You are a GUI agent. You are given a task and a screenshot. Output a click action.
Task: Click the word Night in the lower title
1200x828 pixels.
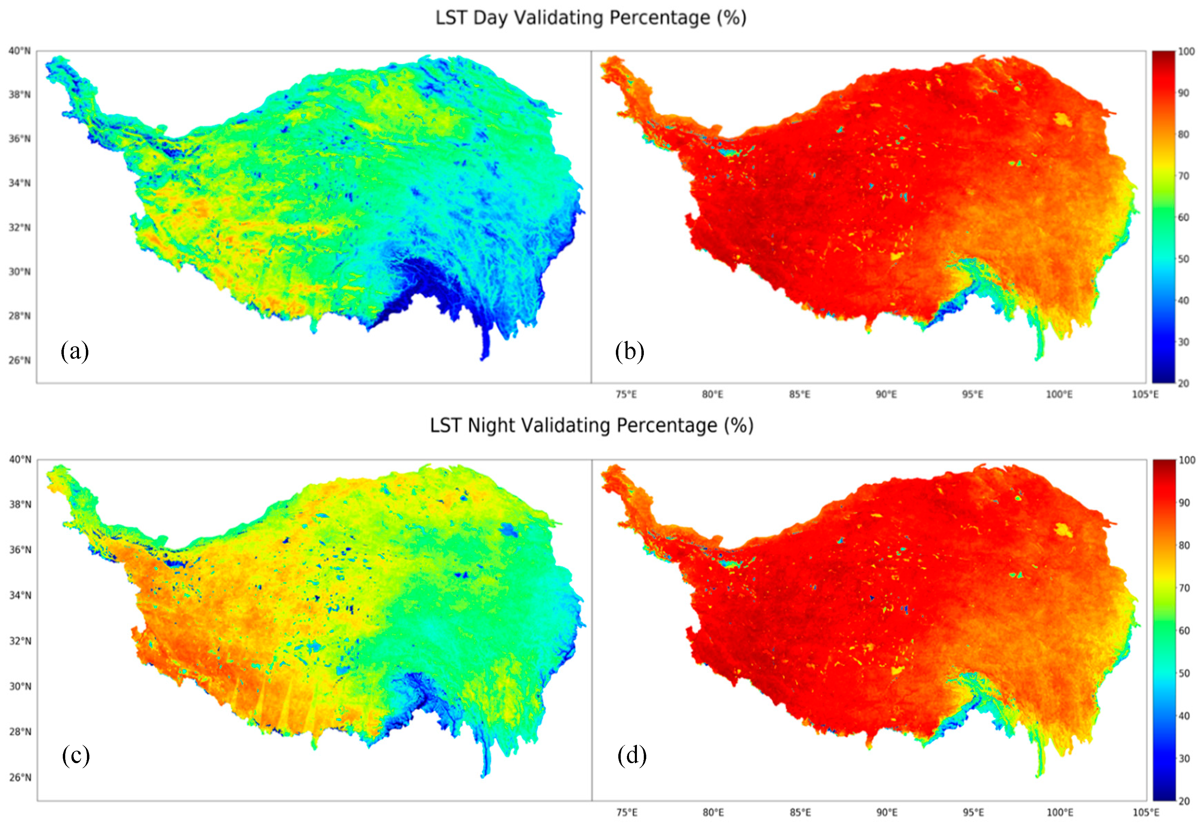(x=491, y=426)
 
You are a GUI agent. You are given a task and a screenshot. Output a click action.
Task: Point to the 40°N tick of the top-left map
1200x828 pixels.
(x=19, y=51)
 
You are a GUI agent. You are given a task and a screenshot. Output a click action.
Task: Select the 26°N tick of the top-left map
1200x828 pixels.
(x=19, y=360)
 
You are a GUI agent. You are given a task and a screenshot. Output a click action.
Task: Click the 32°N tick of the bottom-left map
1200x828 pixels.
(x=20, y=641)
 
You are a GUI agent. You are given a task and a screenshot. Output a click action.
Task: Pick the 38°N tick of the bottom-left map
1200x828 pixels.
(x=20, y=504)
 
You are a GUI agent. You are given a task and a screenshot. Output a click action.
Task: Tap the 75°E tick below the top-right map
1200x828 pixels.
(x=626, y=395)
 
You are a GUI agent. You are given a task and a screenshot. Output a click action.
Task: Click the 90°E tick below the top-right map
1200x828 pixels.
(x=886, y=395)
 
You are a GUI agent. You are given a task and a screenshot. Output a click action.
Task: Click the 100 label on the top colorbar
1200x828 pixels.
(x=1186, y=52)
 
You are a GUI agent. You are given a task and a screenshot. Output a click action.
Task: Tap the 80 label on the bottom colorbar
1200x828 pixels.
(x=1184, y=545)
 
